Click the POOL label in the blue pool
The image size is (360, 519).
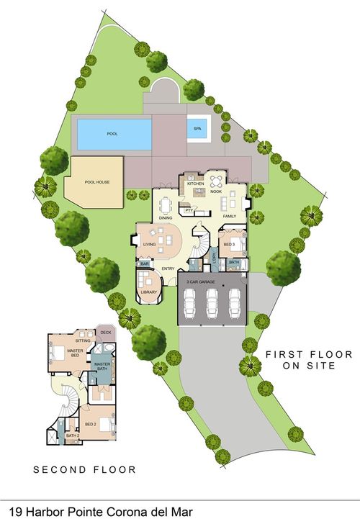(112, 134)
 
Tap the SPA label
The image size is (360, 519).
(197, 129)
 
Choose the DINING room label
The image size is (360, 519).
(166, 217)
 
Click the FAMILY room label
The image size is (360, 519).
(230, 217)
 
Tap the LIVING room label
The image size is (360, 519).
(150, 245)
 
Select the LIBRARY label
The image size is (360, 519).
(149, 292)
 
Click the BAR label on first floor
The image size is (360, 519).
(144, 265)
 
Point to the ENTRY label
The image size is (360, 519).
(168, 269)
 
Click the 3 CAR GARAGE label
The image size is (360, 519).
(202, 282)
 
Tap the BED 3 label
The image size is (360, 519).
(229, 245)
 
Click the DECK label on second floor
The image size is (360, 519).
(105, 333)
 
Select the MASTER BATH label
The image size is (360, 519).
(101, 367)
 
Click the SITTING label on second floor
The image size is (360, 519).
(84, 339)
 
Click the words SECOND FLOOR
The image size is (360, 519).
(85, 470)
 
